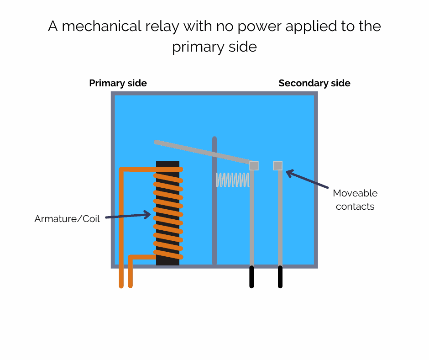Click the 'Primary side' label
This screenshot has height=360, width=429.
118,83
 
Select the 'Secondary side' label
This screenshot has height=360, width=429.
314,83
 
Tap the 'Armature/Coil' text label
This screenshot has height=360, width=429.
67,219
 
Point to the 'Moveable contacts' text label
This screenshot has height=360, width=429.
355,200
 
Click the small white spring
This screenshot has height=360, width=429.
232,180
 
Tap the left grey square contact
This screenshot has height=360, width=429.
254,165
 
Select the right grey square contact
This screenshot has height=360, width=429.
277,165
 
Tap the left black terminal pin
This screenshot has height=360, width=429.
251,277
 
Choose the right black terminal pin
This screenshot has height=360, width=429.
280,277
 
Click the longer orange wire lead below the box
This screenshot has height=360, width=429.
121,277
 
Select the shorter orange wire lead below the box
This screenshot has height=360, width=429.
131,277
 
